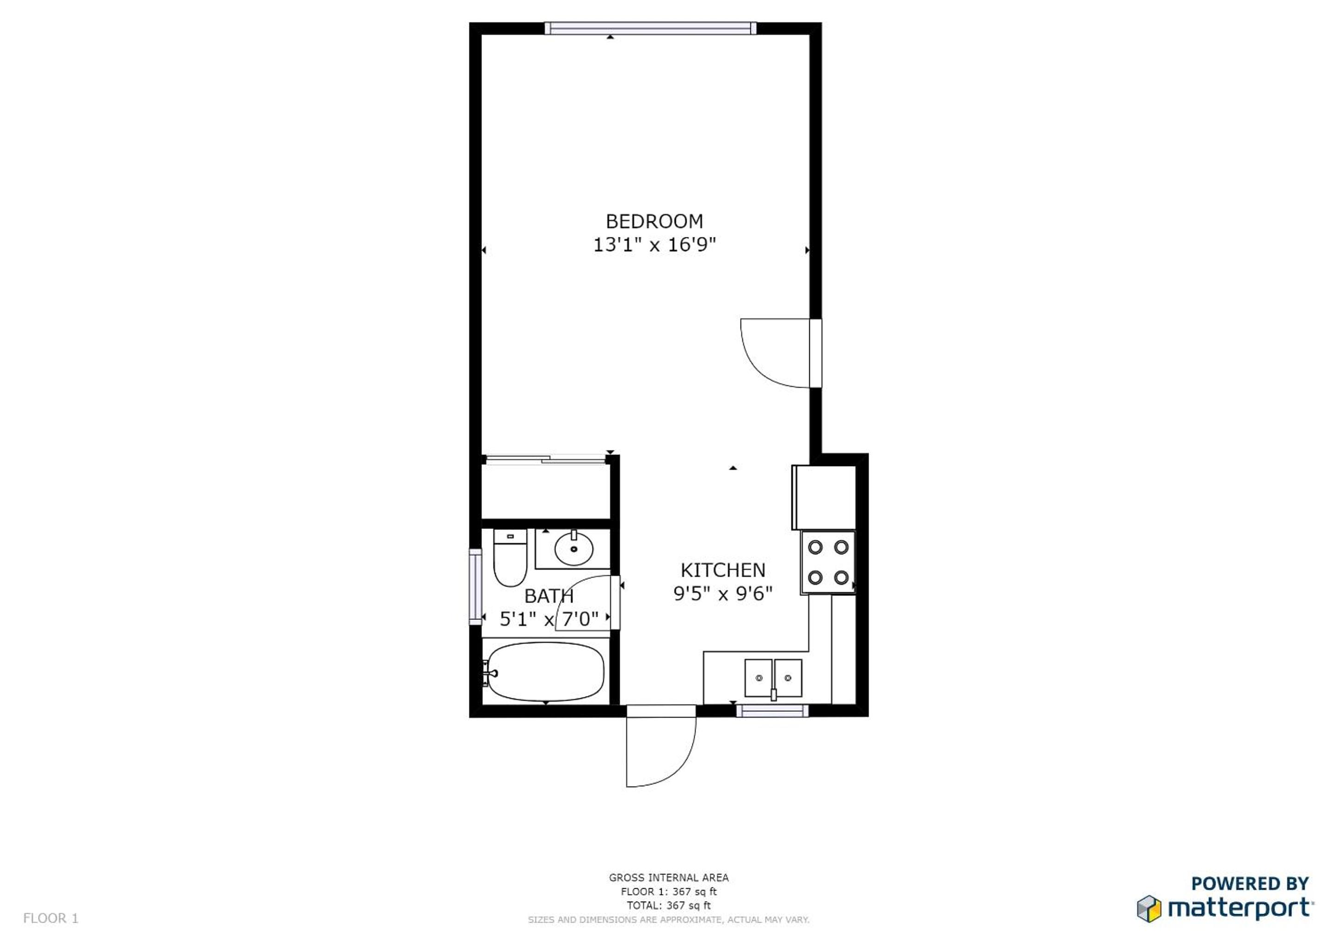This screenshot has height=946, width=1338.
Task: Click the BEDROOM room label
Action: (654, 221)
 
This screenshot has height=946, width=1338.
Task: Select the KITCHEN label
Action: (723, 570)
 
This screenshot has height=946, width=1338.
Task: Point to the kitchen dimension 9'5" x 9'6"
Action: (723, 594)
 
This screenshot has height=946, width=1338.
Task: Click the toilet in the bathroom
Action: (510, 558)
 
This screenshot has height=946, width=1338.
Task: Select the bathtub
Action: (545, 672)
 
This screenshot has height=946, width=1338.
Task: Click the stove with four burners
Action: (827, 562)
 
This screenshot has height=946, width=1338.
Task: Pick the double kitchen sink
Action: (773, 678)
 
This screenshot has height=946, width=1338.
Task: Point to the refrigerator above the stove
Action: (824, 497)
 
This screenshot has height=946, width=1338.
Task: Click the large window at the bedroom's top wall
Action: (650, 28)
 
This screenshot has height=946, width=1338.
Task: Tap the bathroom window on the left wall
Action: (476, 587)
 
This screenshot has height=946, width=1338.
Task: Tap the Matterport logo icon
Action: (1149, 908)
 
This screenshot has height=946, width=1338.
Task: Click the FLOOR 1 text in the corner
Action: (51, 918)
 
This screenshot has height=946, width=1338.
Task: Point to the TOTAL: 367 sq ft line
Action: (668, 905)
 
